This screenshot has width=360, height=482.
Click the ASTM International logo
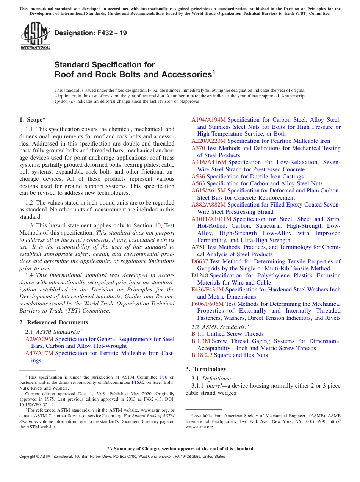(x=35, y=36)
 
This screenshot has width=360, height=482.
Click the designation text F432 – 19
(x=91, y=33)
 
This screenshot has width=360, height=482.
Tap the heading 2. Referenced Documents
(x=53, y=322)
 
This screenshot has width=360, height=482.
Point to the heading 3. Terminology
(x=206, y=369)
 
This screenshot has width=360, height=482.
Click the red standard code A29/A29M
(x=39, y=339)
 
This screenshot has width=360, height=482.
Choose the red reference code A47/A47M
(x=40, y=353)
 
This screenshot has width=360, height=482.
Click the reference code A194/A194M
(x=208, y=120)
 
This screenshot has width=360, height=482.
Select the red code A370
(x=198, y=148)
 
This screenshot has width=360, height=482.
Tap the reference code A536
(x=198, y=177)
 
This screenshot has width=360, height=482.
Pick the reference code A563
(x=198, y=183)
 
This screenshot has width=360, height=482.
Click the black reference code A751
(x=198, y=247)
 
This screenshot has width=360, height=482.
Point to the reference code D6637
(x=200, y=261)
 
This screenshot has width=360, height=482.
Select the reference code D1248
(x=200, y=275)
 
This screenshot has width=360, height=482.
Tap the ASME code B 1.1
(x=198, y=334)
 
